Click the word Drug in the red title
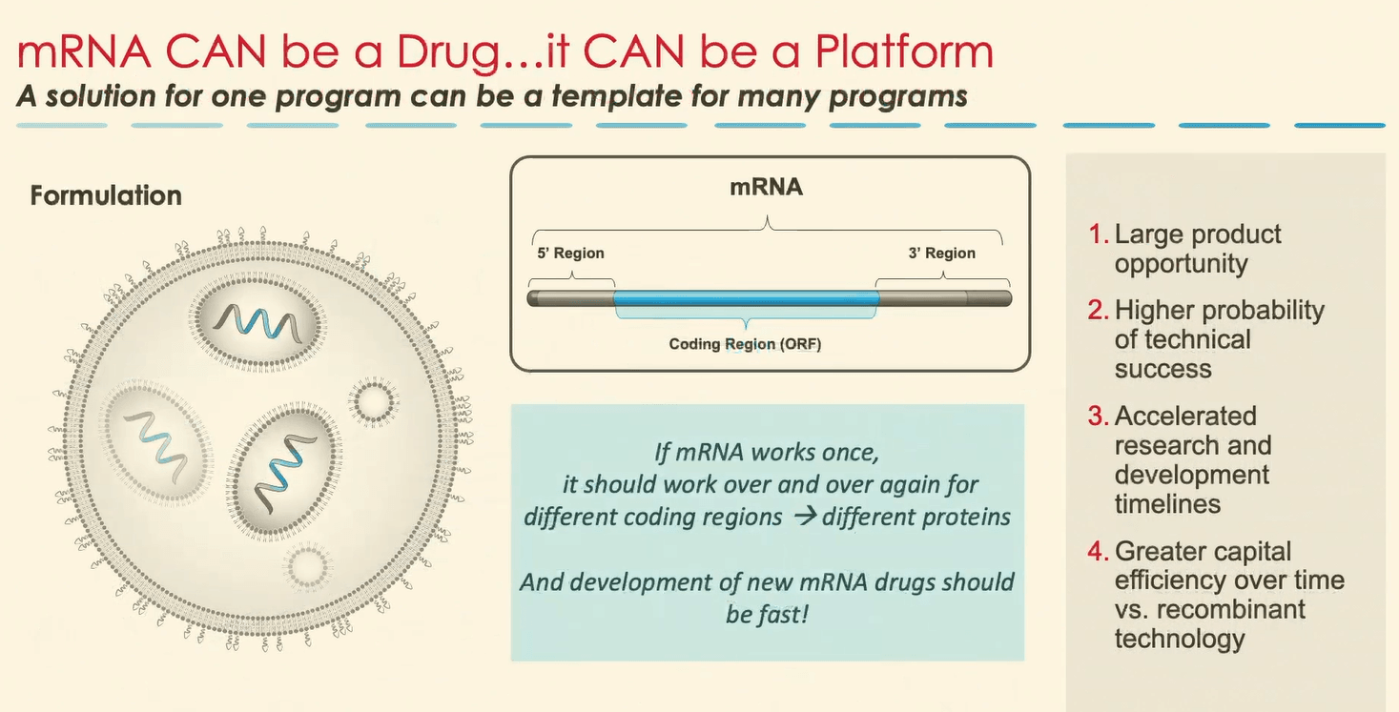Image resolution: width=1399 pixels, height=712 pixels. tap(448, 53)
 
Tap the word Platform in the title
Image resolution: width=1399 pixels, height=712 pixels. tap(904, 51)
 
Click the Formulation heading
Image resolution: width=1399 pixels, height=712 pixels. tap(106, 195)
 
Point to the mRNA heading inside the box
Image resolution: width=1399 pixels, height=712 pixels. tap(767, 187)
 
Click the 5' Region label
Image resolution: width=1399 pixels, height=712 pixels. tap(570, 253)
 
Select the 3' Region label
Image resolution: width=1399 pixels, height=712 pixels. tap(942, 253)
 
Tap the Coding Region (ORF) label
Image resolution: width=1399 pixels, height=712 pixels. tap(745, 344)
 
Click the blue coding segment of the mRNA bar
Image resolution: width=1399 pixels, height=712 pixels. tap(747, 298)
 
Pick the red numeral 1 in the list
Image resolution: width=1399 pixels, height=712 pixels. tap(1098, 234)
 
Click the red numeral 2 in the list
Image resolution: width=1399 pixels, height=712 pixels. tap(1098, 310)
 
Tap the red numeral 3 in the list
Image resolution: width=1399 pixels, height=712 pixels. tap(1098, 416)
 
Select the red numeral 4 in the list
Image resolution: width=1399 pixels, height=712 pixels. tap(1098, 551)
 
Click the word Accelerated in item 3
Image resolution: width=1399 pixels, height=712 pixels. tap(1185, 416)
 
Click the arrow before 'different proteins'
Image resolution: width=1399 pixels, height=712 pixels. tap(805, 516)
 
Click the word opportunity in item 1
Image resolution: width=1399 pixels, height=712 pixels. tap(1181, 265)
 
